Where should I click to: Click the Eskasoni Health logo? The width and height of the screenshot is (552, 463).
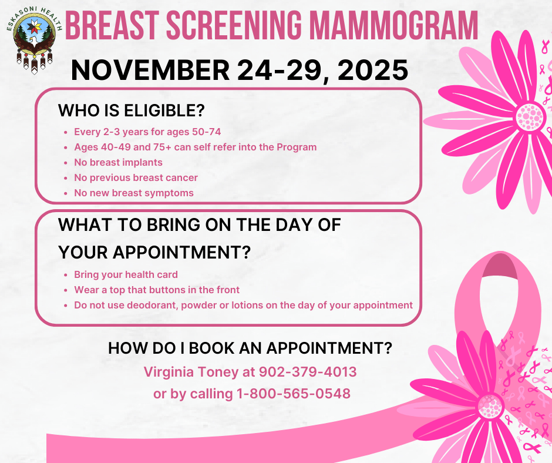pyautogui.click(x=34, y=40)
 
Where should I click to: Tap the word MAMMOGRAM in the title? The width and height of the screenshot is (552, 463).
pyautogui.click(x=393, y=25)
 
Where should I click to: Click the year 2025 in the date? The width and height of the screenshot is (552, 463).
pyautogui.click(x=373, y=70)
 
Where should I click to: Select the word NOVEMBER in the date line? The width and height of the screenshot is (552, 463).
pyautogui.click(x=150, y=70)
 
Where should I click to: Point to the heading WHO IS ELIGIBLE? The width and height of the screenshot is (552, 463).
pyautogui.click(x=132, y=110)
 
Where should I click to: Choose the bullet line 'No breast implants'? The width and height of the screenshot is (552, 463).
pyautogui.click(x=118, y=162)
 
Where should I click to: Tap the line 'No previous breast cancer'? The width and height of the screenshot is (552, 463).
pyautogui.click(x=136, y=177)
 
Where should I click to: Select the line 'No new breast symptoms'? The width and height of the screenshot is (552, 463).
pyautogui.click(x=134, y=193)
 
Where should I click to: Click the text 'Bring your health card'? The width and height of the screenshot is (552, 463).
pyautogui.click(x=126, y=274)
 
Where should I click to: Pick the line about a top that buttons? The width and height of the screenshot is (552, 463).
pyautogui.click(x=157, y=290)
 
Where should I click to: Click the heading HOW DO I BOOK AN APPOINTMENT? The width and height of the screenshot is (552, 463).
pyautogui.click(x=250, y=348)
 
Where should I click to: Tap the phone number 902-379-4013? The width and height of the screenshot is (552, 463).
pyautogui.click(x=308, y=372)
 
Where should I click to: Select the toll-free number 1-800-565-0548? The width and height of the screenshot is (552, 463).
pyautogui.click(x=294, y=394)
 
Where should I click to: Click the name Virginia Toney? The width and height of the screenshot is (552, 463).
pyautogui.click(x=191, y=372)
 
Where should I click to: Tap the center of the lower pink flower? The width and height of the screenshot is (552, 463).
pyautogui.click(x=490, y=406)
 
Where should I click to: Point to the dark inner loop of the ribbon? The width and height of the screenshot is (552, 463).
pyautogui.click(x=500, y=266)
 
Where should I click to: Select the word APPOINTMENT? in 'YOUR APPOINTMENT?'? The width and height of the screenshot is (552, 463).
pyautogui.click(x=181, y=252)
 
